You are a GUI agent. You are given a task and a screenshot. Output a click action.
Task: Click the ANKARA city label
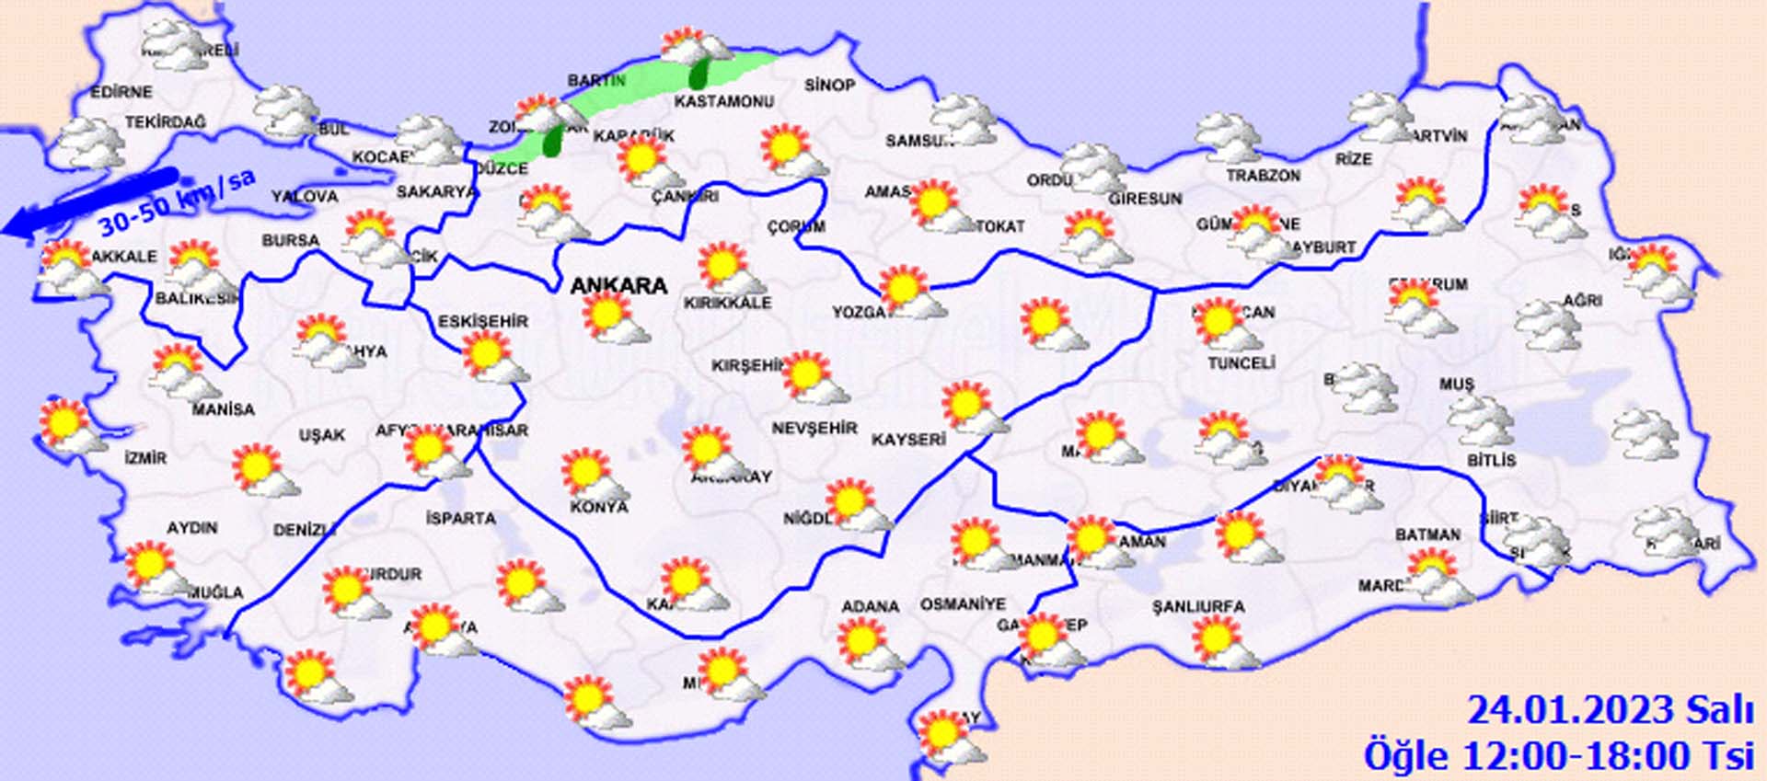(618, 286)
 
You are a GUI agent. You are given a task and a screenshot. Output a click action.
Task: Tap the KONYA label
(598, 507)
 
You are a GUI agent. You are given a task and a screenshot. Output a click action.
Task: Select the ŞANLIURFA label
(1198, 607)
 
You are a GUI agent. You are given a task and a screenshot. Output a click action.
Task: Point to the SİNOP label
(829, 86)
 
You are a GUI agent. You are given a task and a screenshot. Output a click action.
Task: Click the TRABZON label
(1263, 176)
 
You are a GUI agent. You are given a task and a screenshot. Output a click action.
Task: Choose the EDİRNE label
(121, 92)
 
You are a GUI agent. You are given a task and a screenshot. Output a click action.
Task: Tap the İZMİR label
(145, 457)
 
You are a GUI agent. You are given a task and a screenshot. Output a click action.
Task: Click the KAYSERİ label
(908, 440)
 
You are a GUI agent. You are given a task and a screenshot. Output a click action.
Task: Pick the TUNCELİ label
(1241, 363)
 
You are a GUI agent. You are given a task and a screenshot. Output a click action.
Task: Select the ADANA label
(870, 607)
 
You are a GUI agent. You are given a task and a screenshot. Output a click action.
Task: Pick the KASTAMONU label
(723, 102)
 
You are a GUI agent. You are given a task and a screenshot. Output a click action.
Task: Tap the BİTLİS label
(1491, 460)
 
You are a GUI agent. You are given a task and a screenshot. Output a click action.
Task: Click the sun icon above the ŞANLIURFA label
(1224, 640)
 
